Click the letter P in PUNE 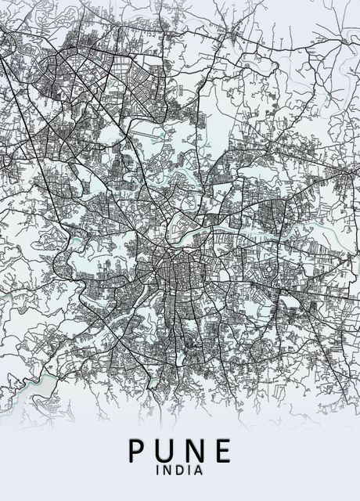click(x=137, y=452)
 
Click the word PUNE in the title click(x=180, y=452)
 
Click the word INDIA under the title click(x=180, y=471)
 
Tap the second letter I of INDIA click(x=189, y=471)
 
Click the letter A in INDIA click(x=199, y=471)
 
